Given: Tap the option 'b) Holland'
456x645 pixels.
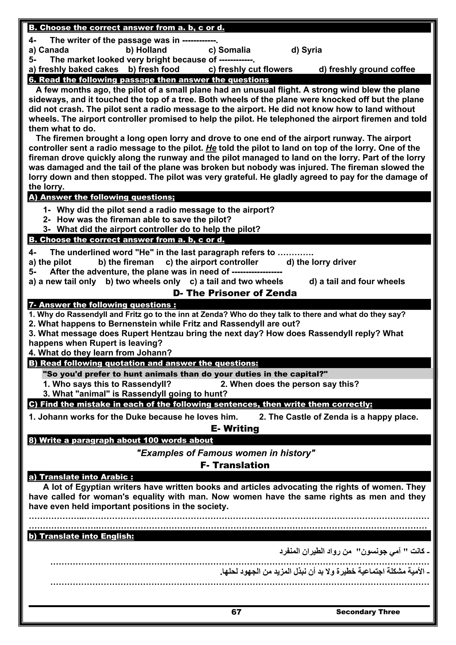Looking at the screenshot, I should (x=146, y=50).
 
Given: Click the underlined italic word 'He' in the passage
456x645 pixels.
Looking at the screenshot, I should (x=211, y=148).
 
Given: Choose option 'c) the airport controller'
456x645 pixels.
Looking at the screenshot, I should (x=212, y=262).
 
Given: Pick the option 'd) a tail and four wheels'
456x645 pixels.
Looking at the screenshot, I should (x=357, y=281).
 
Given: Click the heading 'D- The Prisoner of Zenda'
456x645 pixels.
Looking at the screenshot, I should (x=235, y=293).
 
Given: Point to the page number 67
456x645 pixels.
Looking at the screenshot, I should (x=236, y=612).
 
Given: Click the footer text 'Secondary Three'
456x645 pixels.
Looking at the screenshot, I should (x=368, y=612).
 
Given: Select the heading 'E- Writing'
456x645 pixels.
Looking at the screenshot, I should (x=235, y=428).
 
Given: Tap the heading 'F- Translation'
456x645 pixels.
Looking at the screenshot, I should (x=235, y=465).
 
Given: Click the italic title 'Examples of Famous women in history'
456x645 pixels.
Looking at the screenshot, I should (x=226, y=453).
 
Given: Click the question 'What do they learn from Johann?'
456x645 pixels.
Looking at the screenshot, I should (x=100, y=353).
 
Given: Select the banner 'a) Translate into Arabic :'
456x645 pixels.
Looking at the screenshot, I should (x=81, y=477).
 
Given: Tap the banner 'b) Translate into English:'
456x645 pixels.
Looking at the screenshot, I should (x=81, y=536).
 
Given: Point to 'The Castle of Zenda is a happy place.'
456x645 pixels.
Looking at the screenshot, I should (x=339, y=417).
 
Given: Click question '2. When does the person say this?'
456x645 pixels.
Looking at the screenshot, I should (x=290, y=384).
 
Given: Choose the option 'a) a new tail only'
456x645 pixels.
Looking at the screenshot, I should (x=62, y=281).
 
